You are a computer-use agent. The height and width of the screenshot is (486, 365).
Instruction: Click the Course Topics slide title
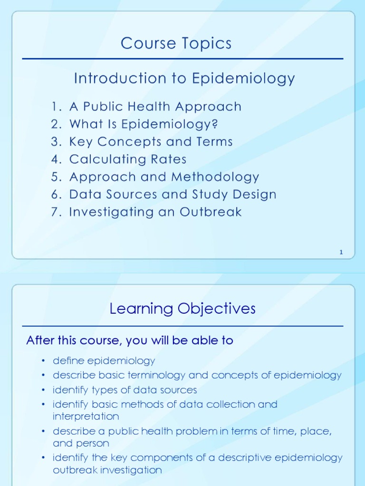(176, 44)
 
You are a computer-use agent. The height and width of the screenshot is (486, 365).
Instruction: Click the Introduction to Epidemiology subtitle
(184, 78)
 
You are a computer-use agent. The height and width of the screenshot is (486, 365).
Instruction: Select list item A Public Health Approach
(155, 107)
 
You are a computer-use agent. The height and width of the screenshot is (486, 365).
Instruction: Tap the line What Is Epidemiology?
(144, 124)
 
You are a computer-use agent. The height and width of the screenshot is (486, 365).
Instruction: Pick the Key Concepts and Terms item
(151, 142)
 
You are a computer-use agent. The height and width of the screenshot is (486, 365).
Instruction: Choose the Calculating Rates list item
(128, 159)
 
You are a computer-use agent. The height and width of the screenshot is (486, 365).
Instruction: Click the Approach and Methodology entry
(164, 177)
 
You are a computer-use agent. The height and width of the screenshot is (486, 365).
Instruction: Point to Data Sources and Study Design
(173, 195)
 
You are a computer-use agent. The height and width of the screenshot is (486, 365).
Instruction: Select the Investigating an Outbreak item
(155, 212)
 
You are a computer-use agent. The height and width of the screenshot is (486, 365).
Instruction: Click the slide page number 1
(341, 252)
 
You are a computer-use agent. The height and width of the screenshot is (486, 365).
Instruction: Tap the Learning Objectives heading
(182, 309)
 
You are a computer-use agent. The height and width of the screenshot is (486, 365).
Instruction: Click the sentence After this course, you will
(129, 340)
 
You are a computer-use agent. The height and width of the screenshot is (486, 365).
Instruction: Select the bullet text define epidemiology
(104, 361)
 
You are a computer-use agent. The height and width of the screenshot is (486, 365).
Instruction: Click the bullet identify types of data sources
(125, 390)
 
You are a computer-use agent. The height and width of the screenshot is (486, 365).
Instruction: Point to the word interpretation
(86, 416)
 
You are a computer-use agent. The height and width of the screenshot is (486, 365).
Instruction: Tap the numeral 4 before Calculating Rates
(55, 159)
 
